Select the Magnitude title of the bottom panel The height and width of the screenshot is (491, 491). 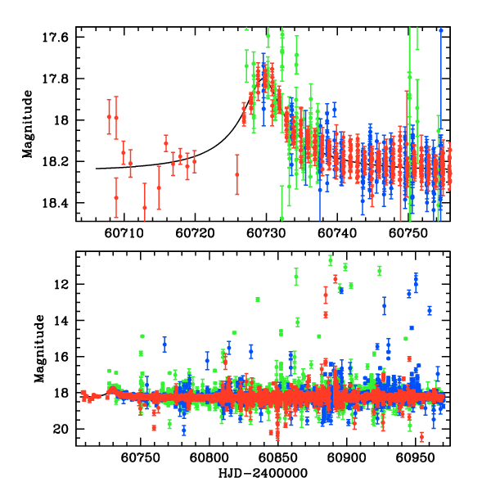click(x=39, y=349)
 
